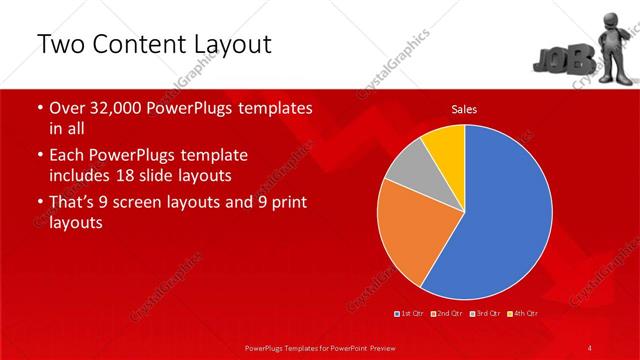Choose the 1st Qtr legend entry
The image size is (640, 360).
411,313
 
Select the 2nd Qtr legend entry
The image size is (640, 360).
451,313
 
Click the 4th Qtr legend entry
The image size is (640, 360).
525,313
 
